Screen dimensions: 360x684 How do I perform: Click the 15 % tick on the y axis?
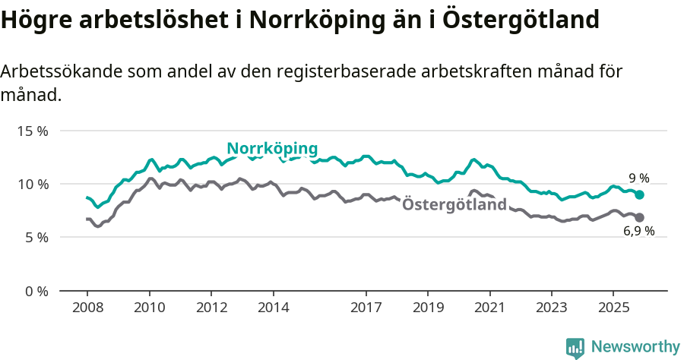pos(32,131)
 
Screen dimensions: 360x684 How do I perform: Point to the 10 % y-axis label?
pos(32,184)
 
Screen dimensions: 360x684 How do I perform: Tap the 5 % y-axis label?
pos(36,237)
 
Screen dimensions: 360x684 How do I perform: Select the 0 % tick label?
pos(36,291)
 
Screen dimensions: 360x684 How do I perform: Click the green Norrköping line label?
pos(272,148)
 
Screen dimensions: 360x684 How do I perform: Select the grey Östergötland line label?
pos(454,204)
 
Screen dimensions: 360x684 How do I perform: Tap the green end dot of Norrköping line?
pos(640,195)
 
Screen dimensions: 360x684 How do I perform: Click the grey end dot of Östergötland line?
pos(640,217)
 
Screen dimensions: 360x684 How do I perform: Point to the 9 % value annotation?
pos(638,178)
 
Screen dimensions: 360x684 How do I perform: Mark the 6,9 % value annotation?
pos(638,232)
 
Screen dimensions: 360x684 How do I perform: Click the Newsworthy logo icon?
pos(575,347)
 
